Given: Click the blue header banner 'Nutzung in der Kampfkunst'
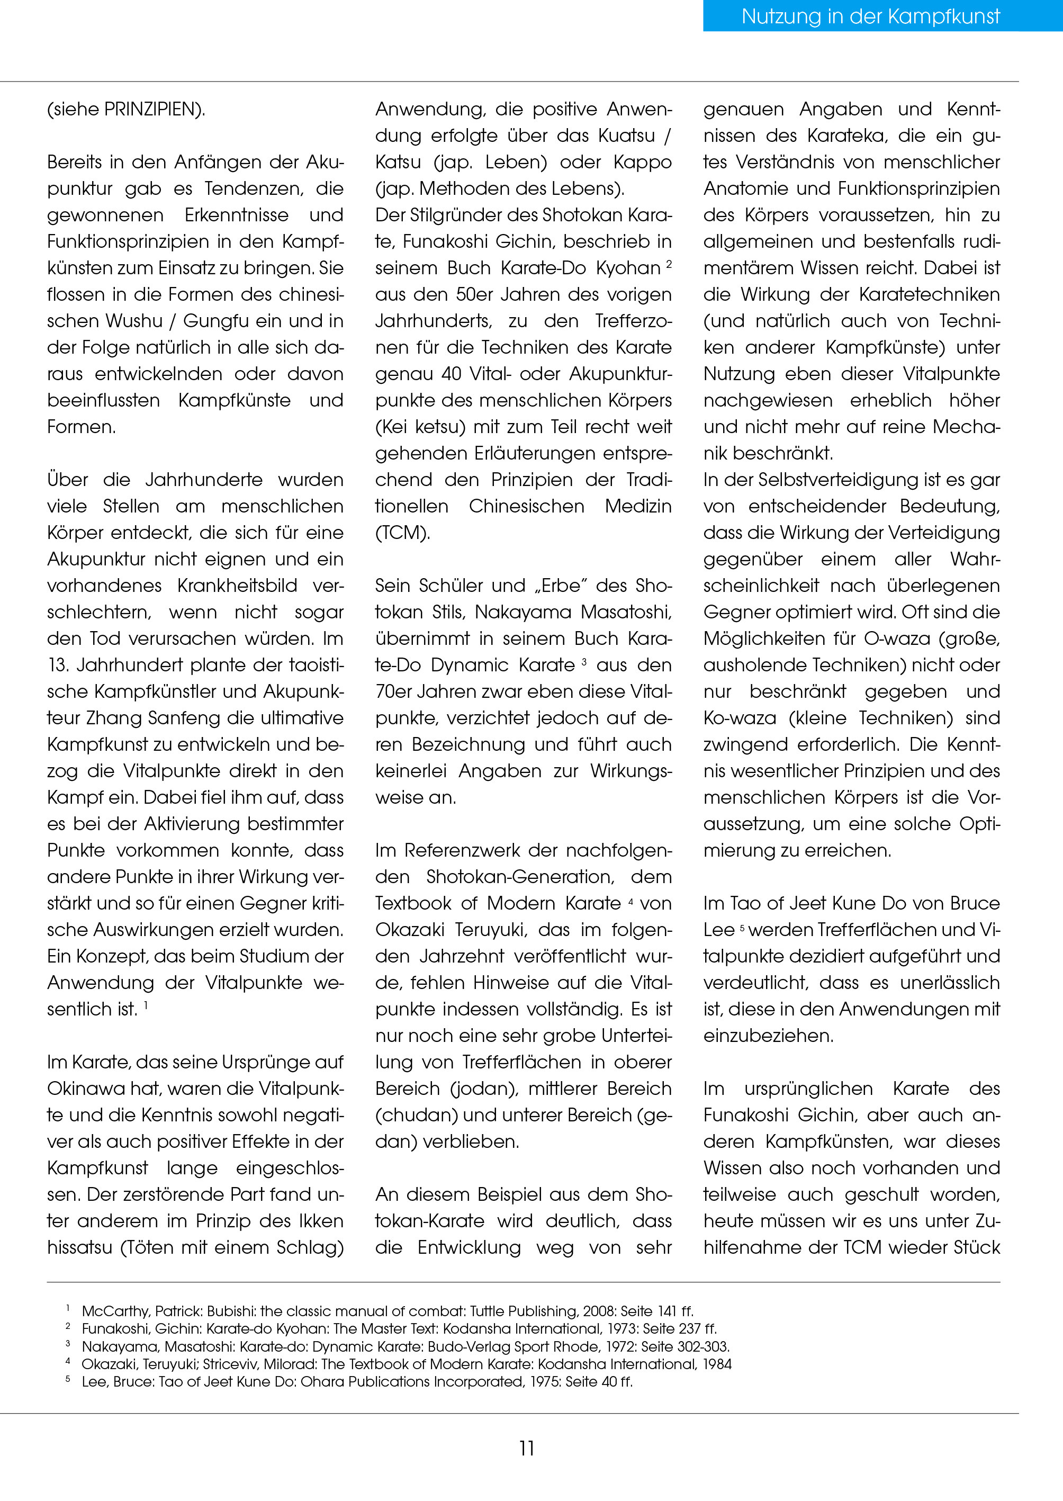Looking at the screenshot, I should point(870,16).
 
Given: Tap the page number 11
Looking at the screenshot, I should point(527,1448).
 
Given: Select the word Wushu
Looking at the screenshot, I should point(133,321).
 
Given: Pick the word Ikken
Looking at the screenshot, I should point(321,1221).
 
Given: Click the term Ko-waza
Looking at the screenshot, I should point(740,718).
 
